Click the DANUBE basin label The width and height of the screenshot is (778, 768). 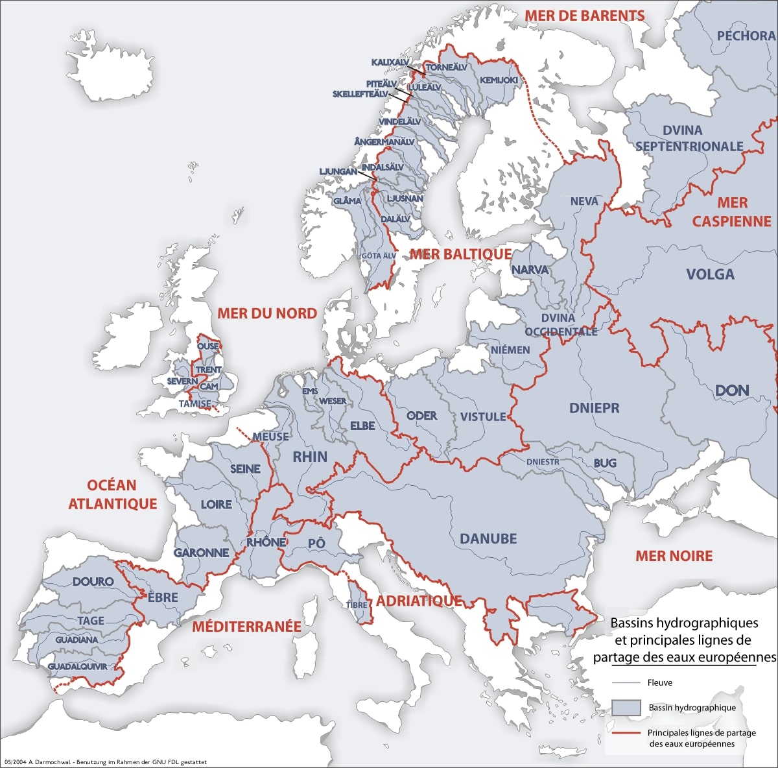coord(488,538)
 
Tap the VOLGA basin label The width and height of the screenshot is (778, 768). coord(710,274)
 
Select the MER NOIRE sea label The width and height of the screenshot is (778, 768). coord(674,556)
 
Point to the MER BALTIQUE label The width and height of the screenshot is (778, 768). coord(460,254)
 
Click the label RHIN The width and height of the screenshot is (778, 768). coord(310,457)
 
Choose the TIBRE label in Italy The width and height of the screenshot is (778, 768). coord(357,605)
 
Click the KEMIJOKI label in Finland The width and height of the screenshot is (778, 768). coord(499,80)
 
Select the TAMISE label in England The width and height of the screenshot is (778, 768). coord(195,403)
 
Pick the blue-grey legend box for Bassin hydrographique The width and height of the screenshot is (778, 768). coord(626,708)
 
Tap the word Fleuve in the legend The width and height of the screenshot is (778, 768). coord(660,682)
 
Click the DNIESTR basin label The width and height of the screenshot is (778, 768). coord(543,462)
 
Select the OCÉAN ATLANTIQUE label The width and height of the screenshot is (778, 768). coord(113,494)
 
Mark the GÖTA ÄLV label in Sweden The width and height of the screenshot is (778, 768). coord(379,256)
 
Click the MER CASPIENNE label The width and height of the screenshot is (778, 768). coord(731,212)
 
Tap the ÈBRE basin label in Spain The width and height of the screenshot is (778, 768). coord(163,597)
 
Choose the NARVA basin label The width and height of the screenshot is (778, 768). coord(530,269)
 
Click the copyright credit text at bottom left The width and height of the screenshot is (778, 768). coord(105,762)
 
